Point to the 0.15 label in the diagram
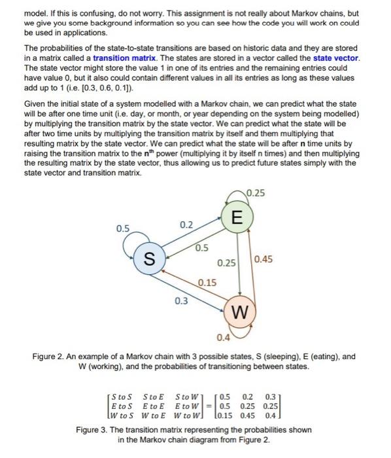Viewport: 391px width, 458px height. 207,282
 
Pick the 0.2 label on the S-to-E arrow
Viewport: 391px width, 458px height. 186,224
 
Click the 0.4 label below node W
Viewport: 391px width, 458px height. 223,338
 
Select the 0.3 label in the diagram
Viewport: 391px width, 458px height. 180,300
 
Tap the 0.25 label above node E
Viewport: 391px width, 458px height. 258,193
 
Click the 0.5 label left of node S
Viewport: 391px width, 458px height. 122,228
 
